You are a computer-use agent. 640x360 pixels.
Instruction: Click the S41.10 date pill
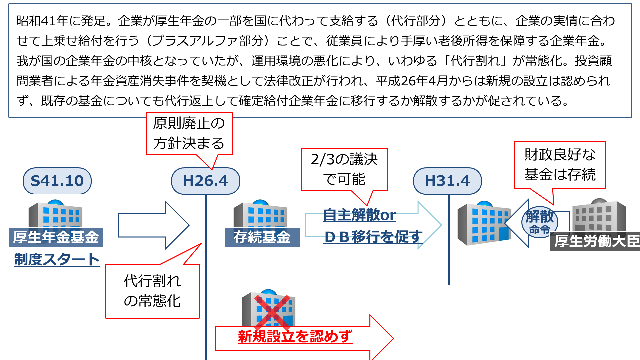(x=57, y=181)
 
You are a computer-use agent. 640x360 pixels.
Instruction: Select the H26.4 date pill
(x=205, y=181)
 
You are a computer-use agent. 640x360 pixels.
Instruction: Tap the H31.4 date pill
(x=447, y=181)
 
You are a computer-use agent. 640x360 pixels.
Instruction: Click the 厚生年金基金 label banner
(x=56, y=237)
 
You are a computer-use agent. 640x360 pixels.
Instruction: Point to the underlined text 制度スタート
(x=57, y=259)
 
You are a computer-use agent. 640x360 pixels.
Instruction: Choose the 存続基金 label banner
(x=262, y=237)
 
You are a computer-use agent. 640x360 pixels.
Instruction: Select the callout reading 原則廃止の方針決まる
(x=189, y=133)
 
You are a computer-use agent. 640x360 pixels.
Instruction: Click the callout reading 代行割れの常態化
(x=152, y=291)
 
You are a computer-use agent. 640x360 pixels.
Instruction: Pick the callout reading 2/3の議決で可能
(x=344, y=169)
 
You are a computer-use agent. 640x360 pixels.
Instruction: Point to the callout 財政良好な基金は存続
(x=560, y=165)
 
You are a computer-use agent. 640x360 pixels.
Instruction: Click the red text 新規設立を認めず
(x=295, y=336)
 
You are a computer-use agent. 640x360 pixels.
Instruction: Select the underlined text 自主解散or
(x=359, y=215)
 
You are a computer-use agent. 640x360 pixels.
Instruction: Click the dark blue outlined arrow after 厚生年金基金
(x=153, y=225)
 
